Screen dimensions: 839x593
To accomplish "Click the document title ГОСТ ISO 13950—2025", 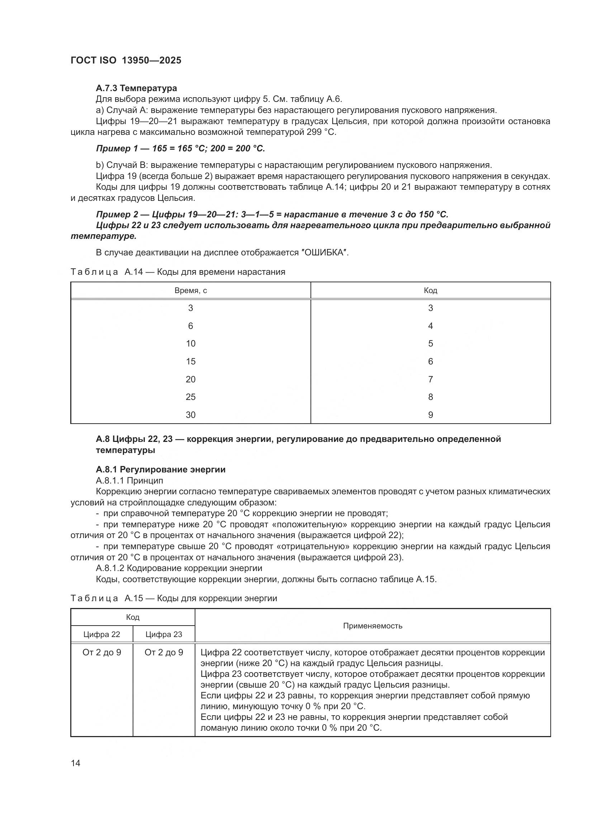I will click(x=125, y=61).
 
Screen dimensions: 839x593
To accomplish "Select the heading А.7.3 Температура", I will click(x=136, y=88).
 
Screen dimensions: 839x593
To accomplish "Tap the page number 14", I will click(x=76, y=763).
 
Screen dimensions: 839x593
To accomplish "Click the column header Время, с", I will click(x=191, y=291).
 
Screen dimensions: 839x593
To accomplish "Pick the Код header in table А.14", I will click(x=430, y=291).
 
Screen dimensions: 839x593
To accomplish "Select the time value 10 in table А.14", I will click(x=191, y=344).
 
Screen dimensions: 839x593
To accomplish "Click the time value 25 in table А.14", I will click(x=191, y=397).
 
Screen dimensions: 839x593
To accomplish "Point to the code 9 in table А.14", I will click(x=430, y=415).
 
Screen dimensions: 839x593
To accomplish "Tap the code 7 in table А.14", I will click(x=430, y=379).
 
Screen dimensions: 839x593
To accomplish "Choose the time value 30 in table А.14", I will click(x=191, y=415).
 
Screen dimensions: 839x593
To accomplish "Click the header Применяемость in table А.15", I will click(x=373, y=626).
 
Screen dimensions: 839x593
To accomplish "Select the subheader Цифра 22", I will click(x=101, y=635).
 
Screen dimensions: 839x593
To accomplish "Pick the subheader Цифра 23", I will click(x=163, y=635).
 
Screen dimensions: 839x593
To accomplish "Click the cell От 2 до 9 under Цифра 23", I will click(x=163, y=652).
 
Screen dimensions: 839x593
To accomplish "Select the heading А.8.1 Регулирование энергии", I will click(x=161, y=470).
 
